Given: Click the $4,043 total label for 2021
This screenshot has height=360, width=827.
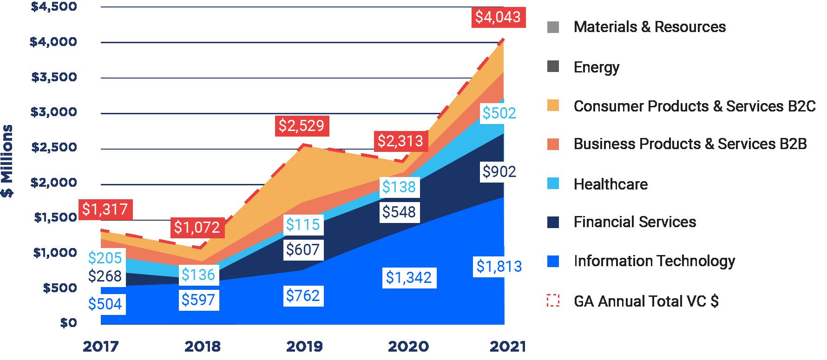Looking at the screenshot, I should coord(498,17).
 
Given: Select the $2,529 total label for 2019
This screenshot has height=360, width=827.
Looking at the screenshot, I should coord(301,125).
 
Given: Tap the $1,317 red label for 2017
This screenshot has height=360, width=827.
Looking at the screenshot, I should coord(105,209).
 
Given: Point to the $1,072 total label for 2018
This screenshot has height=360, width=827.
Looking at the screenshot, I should coord(197,228).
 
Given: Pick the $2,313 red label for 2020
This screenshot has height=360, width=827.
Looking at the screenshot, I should coord(400,141).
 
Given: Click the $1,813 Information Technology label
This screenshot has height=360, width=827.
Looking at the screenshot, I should coord(499,267).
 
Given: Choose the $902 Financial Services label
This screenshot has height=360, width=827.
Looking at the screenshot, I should coord(499,172).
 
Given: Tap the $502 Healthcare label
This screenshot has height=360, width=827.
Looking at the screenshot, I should coord(499,113).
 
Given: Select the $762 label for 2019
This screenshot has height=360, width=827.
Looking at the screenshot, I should coord(303,295).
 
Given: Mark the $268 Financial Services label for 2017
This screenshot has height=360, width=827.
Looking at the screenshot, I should coord(105,276).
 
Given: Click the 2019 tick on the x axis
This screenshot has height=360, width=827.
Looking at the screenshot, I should coord(304,347).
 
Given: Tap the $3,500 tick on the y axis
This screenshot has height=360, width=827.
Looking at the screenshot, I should coord(54,77).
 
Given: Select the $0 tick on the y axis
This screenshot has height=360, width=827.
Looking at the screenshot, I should coord(68,323).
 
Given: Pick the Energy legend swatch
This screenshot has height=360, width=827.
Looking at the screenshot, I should coord(553,67).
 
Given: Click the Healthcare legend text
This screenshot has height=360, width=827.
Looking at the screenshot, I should coord(610,184).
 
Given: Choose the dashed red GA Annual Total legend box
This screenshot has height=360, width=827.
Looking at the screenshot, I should coord(553,301).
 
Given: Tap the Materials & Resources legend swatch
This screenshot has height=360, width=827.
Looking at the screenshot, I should coord(553,27).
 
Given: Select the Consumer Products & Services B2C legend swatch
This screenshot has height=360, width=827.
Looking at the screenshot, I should coord(553,106).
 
